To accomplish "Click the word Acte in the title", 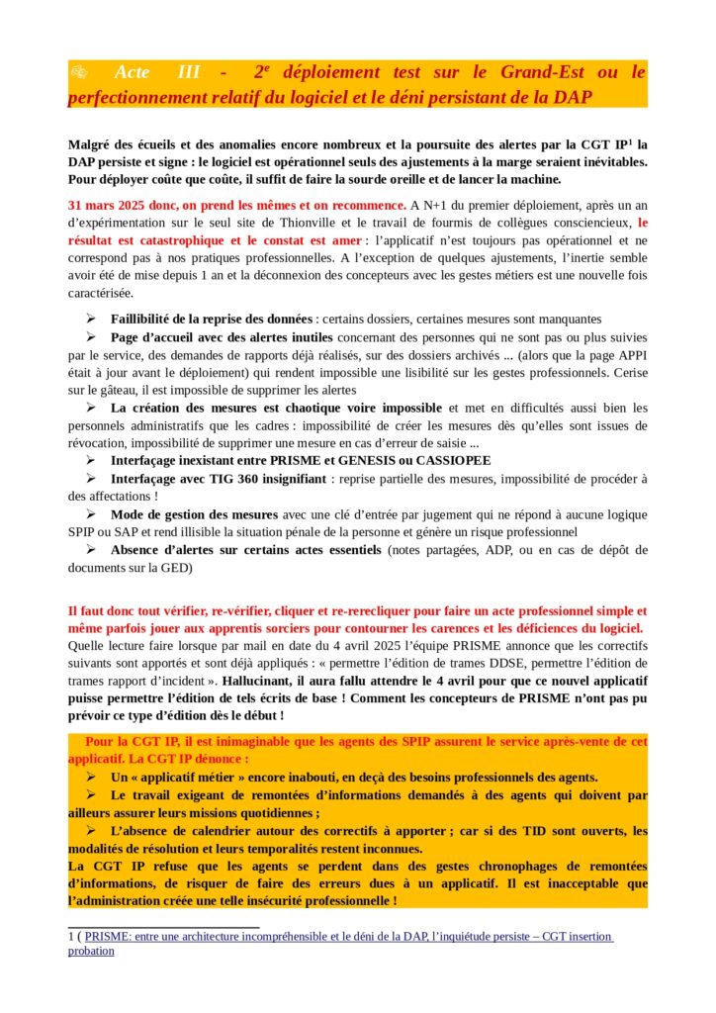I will point(133,72).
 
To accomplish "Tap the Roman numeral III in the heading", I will point(188,72).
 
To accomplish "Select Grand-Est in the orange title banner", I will point(540,72).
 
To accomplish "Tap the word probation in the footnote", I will point(91,951).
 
